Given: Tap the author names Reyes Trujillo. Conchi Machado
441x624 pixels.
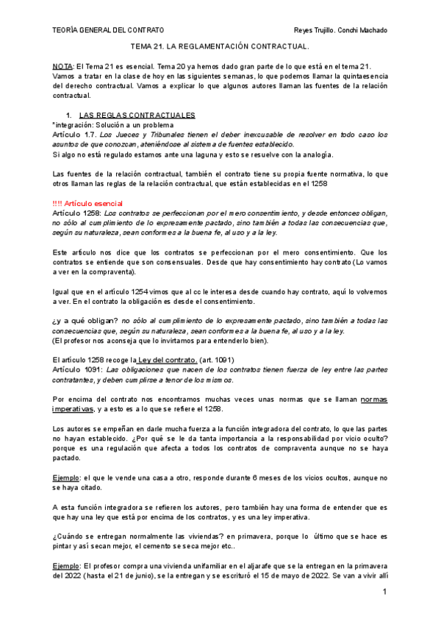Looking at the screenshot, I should (340, 30).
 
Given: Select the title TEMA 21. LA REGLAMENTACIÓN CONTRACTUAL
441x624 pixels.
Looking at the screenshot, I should (220, 46).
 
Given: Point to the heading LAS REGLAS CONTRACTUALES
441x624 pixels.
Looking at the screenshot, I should (136, 116).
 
